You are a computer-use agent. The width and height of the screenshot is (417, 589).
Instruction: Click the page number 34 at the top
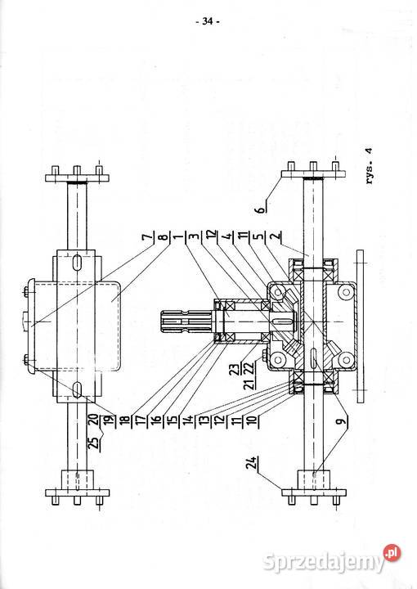pyautogui.click(x=208, y=21)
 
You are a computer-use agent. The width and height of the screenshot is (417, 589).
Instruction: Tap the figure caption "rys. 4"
pyautogui.click(x=370, y=165)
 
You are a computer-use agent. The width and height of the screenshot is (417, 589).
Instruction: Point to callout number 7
pyautogui.click(x=149, y=237)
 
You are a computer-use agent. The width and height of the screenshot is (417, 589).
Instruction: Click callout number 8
pyautogui.click(x=163, y=237)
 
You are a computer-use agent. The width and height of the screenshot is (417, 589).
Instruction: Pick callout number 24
pyautogui.click(x=253, y=463)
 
